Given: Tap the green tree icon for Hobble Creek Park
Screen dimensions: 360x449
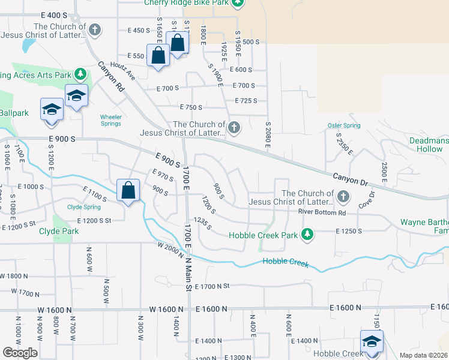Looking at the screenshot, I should click(x=307, y=234).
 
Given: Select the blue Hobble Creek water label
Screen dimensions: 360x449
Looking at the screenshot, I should click(x=286, y=262).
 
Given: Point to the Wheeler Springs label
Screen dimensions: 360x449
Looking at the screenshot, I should click(x=110, y=120).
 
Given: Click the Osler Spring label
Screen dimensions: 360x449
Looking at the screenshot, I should click(x=344, y=125).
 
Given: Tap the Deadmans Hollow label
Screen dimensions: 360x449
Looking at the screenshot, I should click(x=429, y=144).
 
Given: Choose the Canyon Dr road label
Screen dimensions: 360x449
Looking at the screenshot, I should click(x=351, y=178).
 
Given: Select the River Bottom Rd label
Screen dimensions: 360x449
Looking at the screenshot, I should click(x=322, y=212).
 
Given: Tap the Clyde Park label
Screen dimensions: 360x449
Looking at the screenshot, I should click(x=59, y=231).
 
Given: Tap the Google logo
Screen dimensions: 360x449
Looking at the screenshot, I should click(x=20, y=353).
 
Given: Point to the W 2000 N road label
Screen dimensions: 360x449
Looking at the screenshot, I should click(x=170, y=250).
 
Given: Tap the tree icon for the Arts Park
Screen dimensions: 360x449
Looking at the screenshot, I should click(x=79, y=74).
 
